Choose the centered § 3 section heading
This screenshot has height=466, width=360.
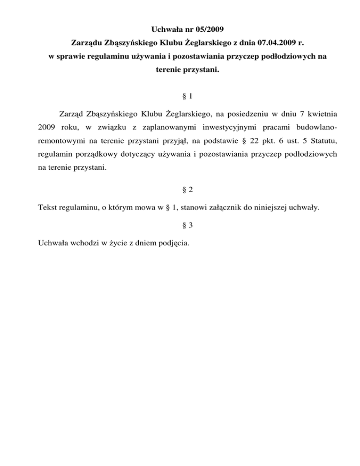(180, 225)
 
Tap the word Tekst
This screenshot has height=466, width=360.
(46, 207)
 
